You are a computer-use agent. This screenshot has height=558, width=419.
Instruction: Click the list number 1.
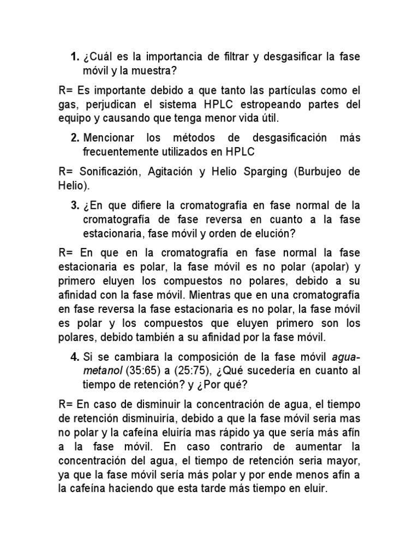75,57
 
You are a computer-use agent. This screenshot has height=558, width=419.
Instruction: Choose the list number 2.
75,138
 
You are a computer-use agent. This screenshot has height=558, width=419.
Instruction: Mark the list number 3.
75,205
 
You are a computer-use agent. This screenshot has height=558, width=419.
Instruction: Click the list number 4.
75,357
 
